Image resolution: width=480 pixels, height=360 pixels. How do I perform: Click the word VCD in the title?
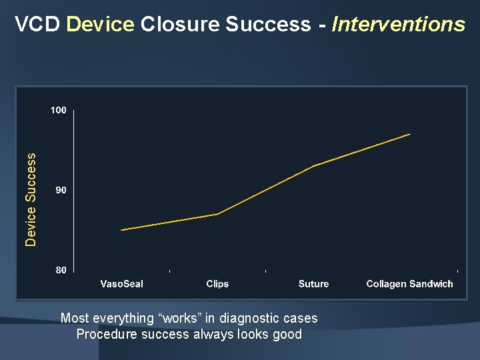pyautogui.click(x=38, y=25)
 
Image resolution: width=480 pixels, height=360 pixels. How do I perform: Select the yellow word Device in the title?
pyautogui.click(x=101, y=25)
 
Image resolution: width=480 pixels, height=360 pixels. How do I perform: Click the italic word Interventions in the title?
pyautogui.click(x=398, y=25)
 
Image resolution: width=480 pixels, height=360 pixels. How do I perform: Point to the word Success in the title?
pyautogui.click(x=268, y=25)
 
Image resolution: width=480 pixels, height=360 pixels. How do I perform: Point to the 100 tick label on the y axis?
pyautogui.click(x=59, y=111)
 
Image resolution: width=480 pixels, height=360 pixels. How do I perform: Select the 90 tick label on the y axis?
pyautogui.click(x=61, y=191)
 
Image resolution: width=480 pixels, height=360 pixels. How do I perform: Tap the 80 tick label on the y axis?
pyautogui.click(x=61, y=270)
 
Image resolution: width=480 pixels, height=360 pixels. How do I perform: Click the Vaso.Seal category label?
pyautogui.click(x=121, y=284)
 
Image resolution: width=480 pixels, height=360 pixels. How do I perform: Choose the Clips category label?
pyautogui.click(x=217, y=284)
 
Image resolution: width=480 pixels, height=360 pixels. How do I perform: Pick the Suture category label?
pyautogui.click(x=313, y=284)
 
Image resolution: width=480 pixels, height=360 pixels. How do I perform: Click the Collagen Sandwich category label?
pyautogui.click(x=409, y=284)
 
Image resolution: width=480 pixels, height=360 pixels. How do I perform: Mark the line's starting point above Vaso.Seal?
pyautogui.click(x=121, y=230)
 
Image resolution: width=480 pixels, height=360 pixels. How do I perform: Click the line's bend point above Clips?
pyautogui.click(x=217, y=214)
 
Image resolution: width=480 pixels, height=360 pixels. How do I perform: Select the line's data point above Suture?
pyautogui.click(x=313, y=166)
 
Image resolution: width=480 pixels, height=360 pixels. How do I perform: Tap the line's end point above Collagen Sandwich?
pyautogui.click(x=410, y=134)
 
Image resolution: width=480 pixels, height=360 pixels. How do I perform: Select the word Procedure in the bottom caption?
pyautogui.click(x=105, y=334)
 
